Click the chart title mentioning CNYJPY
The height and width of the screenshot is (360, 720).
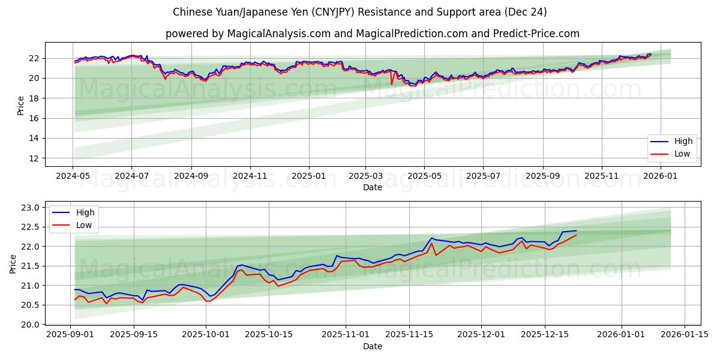[x=360, y=12]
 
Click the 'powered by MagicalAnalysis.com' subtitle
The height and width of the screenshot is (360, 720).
[x=372, y=34]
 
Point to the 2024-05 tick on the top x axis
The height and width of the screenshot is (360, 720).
[x=73, y=176]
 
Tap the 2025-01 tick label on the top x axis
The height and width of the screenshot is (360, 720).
[x=309, y=176]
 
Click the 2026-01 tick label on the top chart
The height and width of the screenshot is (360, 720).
[x=661, y=176]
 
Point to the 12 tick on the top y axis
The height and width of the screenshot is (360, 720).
[x=34, y=158]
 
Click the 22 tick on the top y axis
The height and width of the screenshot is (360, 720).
[x=34, y=58]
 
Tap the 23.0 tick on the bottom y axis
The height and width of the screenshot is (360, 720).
[x=30, y=208]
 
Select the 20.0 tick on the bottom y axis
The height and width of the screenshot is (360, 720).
[x=30, y=325]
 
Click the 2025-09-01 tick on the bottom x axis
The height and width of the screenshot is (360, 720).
[x=71, y=335]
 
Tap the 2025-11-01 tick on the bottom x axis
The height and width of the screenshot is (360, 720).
[x=346, y=335]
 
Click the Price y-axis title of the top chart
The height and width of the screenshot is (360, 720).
[x=21, y=104]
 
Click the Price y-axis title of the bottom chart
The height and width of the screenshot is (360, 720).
[x=13, y=264]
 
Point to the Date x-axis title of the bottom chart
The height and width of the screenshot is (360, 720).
[x=372, y=346]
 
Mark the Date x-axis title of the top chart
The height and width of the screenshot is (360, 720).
[x=372, y=187]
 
